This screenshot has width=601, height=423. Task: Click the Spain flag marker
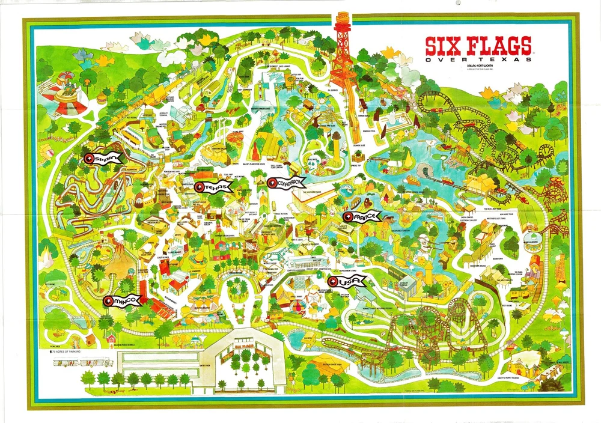103,159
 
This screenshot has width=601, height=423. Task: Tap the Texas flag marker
213,187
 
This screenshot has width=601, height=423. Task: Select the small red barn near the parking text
111,340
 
